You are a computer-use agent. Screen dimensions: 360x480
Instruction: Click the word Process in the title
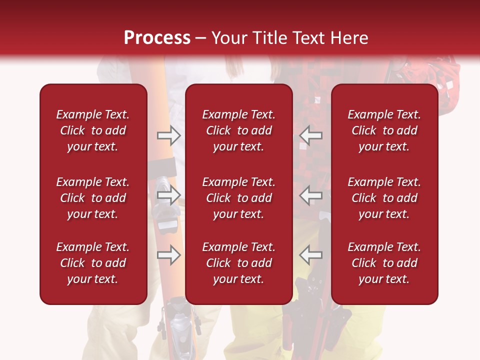157,37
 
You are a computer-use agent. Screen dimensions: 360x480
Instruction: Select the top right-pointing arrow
169,134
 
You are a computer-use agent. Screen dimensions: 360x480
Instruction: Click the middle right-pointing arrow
169,195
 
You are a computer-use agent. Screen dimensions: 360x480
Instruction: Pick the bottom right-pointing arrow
169,255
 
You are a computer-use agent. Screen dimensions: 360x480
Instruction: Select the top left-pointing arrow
310,134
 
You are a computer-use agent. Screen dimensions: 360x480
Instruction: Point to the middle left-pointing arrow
310,195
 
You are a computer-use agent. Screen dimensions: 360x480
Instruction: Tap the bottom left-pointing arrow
310,255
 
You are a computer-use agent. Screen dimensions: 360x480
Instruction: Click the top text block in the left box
93,130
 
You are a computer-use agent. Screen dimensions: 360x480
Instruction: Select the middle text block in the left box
93,198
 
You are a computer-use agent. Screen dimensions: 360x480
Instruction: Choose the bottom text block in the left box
93,263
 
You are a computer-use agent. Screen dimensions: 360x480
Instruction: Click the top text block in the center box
238,130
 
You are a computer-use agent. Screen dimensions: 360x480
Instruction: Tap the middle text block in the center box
238,198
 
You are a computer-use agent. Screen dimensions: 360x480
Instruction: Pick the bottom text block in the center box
238,263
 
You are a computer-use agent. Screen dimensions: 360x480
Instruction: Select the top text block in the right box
384,130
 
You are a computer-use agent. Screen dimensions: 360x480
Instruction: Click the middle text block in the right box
384,198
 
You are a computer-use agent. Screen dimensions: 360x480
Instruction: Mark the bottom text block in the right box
384,263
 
